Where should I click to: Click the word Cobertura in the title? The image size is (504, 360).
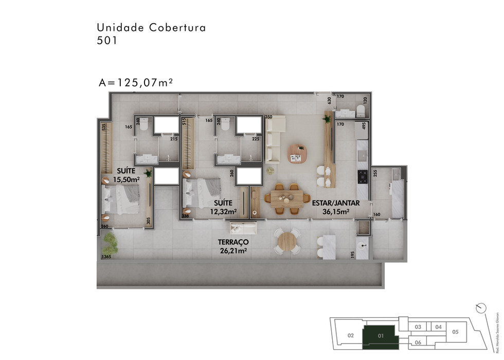click(177, 28)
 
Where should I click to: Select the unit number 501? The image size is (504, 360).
click(107, 41)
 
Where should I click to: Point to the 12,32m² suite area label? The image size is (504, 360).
click(224, 211)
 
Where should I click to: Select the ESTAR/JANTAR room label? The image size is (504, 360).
click(335, 203)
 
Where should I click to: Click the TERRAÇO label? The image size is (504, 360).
click(233, 242)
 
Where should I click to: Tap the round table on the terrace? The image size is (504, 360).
click(287, 242)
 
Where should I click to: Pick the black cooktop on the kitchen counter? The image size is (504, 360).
click(362, 176)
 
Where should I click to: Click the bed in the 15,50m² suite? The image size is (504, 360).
click(122, 199)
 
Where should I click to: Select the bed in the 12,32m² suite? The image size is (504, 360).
click(202, 193)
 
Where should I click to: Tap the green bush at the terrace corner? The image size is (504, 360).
click(110, 242)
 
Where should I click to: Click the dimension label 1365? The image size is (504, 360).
click(106, 257)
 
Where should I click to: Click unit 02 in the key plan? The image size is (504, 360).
click(351, 335)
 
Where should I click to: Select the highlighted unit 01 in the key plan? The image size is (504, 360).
click(381, 335)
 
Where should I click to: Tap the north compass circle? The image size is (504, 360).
click(481, 307)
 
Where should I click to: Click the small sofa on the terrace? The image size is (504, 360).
click(243, 228)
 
